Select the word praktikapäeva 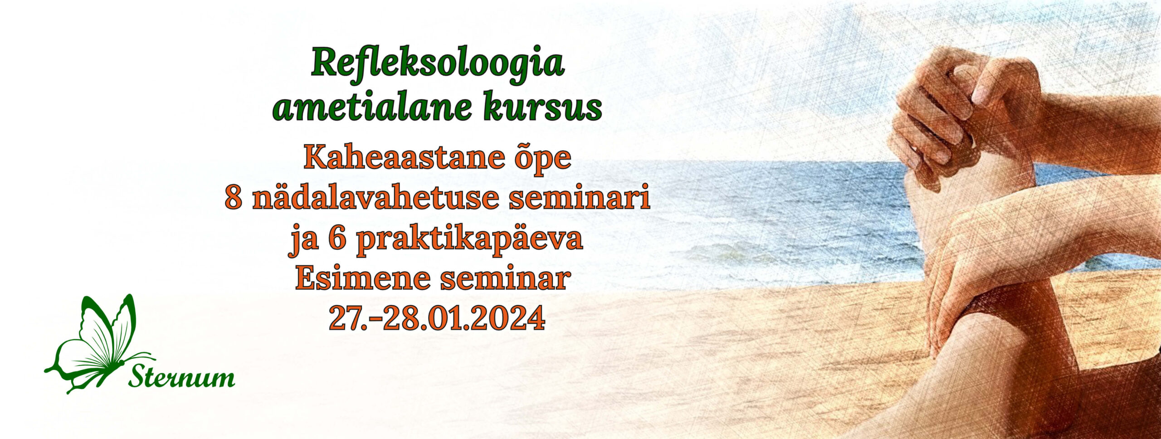(469, 240)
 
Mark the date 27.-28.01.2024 (437, 318)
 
